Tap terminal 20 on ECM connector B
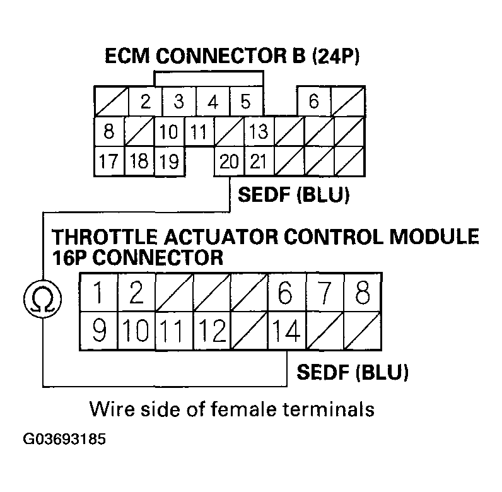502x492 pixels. click(229, 161)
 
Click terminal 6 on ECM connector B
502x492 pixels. click(313, 101)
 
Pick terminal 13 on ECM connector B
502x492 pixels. click(259, 132)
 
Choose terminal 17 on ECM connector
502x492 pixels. click(109, 161)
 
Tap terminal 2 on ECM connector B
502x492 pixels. click(146, 101)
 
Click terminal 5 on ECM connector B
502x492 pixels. click(246, 101)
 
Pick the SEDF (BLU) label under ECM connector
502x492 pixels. click(293, 194)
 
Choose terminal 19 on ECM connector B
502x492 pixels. click(169, 161)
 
